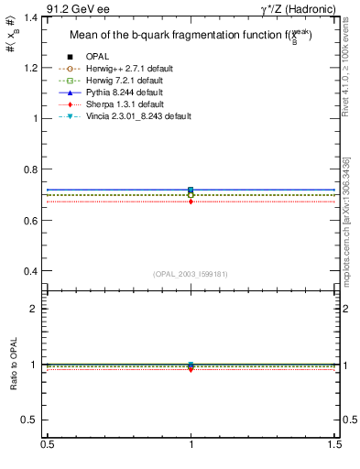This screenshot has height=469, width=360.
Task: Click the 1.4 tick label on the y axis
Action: (x=31, y=17)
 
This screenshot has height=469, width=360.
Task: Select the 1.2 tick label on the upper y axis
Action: (x=31, y=68)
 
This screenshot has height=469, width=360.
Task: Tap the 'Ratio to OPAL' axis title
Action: (x=13, y=365)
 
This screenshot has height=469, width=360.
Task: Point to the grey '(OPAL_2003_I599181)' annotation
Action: (x=191, y=273)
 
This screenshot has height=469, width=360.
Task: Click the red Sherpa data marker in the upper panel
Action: (x=191, y=202)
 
